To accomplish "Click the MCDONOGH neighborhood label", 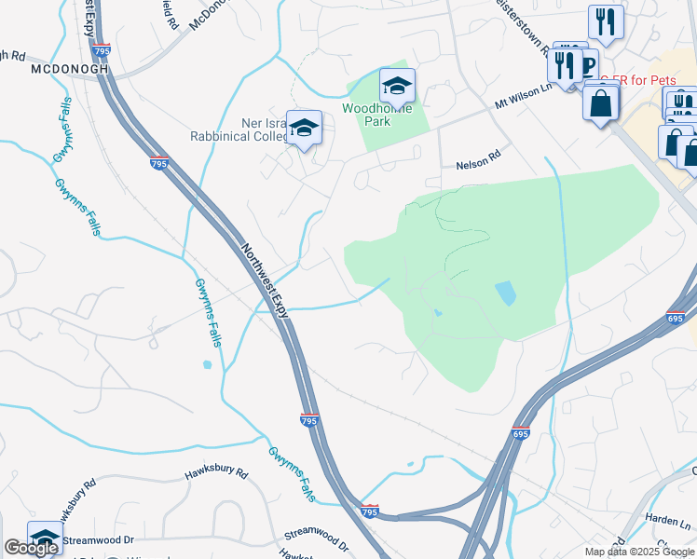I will pyautogui.click(x=69, y=69).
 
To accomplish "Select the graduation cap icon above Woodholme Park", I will pyautogui.click(x=397, y=87).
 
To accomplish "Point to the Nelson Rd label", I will pyautogui.click(x=478, y=165).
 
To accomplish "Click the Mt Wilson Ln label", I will pyautogui.click(x=524, y=95).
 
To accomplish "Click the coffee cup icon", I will pyautogui.click(x=588, y=65).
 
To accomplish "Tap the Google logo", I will pyautogui.click(x=30, y=548).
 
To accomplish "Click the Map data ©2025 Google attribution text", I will pyautogui.click(x=639, y=552).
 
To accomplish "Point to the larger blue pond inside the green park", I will pyautogui.click(x=505, y=294).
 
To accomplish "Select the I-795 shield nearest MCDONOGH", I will pyautogui.click(x=102, y=49).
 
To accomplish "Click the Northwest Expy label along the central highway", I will pyautogui.click(x=266, y=282).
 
